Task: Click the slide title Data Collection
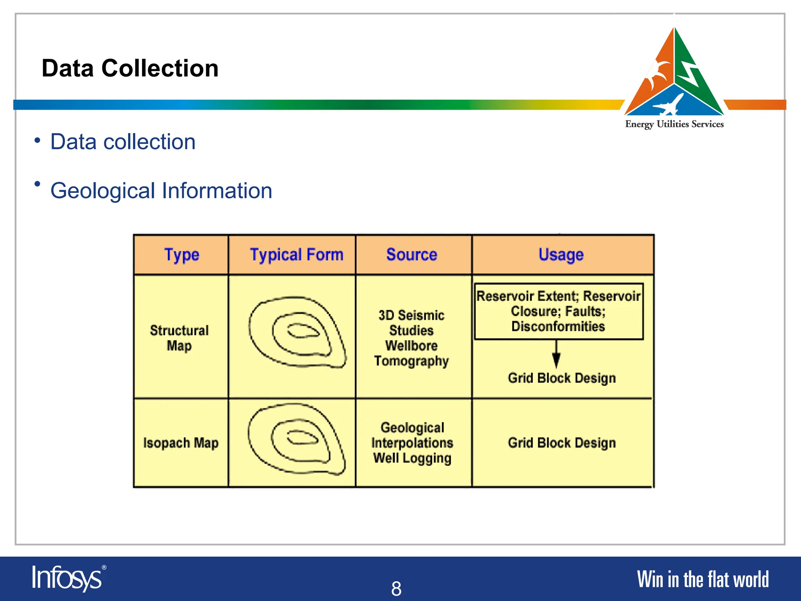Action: coord(130,68)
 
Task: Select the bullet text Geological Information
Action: coord(161,191)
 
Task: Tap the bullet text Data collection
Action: coord(123,142)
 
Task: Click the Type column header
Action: coord(181,255)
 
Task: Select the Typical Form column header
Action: coord(296,255)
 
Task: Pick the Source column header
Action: coord(412,255)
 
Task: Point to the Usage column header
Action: coord(561,255)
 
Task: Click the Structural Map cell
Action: coord(180,338)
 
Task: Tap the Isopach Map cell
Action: coord(181,443)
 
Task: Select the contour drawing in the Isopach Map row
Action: coord(296,439)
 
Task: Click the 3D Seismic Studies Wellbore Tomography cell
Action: coord(411,338)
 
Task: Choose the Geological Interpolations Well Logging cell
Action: coord(412,443)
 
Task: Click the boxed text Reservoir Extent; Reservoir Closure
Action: coord(559,311)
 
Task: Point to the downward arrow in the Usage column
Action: coord(556,354)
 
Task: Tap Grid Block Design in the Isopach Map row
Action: coord(562,443)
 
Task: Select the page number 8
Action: coord(396,588)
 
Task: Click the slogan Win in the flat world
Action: coord(702,579)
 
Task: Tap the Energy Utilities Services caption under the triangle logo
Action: coord(674,124)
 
